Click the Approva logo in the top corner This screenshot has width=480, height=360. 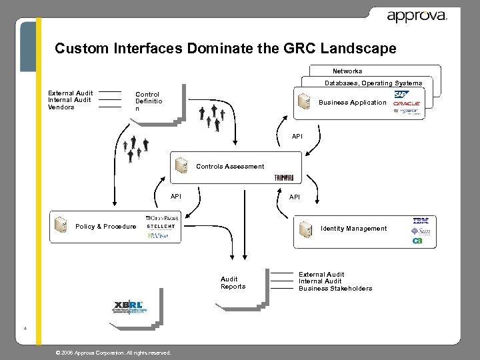point(417,16)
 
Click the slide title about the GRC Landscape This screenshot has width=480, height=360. point(225,49)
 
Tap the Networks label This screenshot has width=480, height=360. point(347,71)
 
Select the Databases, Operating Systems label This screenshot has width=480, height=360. point(373,83)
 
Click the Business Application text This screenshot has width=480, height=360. point(352,103)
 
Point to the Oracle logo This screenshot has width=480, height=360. point(406,104)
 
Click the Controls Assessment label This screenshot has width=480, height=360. point(230,166)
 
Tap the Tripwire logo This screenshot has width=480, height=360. point(283,178)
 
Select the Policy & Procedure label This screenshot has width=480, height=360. point(105,227)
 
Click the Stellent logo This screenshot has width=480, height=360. point(161,227)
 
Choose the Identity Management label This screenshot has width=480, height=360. point(353,229)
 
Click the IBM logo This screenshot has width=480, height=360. point(421,221)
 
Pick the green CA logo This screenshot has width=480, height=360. point(417,241)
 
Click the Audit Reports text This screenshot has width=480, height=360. point(233,283)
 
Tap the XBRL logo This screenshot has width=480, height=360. point(128,305)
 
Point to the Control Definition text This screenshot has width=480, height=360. point(147,101)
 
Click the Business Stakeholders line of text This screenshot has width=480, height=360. point(335,289)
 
